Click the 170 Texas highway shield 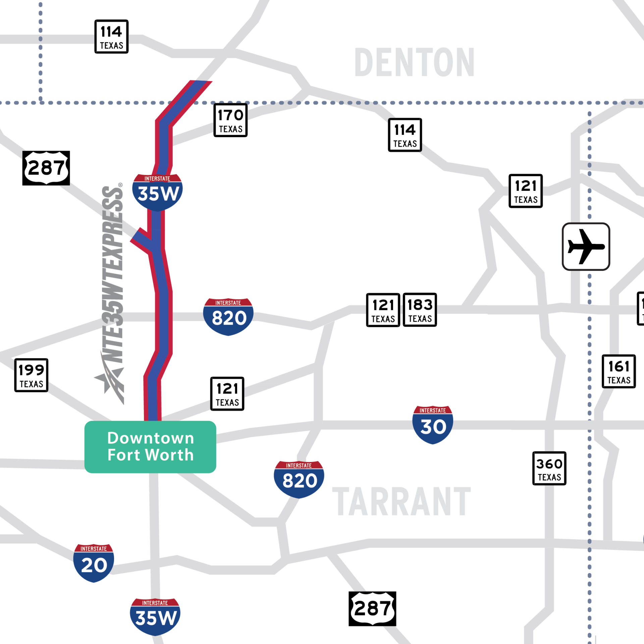[230, 120]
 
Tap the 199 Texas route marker [31, 375]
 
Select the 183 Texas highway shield [420, 310]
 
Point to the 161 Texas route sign [619, 372]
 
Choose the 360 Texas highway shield [549, 469]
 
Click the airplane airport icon [586, 247]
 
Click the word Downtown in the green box [151, 438]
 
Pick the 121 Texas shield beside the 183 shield [383, 310]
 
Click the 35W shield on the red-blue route [158, 192]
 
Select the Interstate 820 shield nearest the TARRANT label [299, 479]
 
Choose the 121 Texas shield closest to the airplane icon [526, 191]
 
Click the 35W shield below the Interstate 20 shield [155, 616]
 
